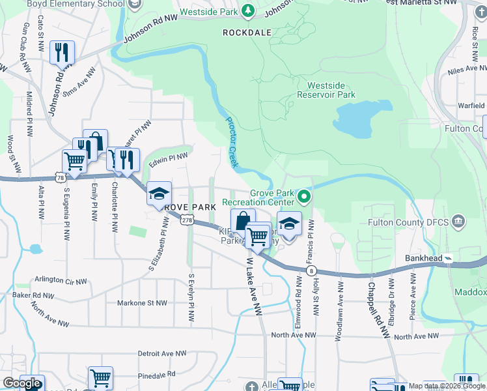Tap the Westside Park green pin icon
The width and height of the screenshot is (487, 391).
click(247, 10)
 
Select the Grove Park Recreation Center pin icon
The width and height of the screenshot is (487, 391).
click(303, 195)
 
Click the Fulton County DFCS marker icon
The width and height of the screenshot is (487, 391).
click(459, 222)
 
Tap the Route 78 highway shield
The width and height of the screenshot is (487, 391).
click(60, 177)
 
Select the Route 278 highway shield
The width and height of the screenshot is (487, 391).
click(186, 221)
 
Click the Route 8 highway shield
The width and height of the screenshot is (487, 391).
click(312, 270)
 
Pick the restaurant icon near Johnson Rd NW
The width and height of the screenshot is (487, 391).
click(63, 53)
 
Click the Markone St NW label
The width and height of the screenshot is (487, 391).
click(142, 303)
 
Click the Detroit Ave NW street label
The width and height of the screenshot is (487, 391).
click(161, 353)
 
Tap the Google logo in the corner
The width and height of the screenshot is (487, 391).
click(21, 383)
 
